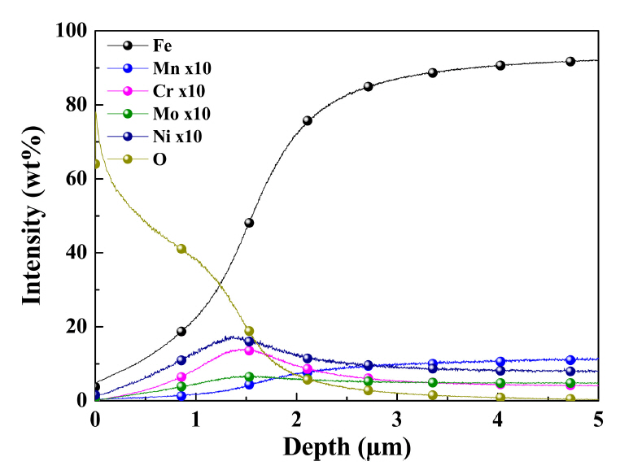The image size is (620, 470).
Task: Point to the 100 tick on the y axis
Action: [71, 31]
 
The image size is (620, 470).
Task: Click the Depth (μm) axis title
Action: [346, 447]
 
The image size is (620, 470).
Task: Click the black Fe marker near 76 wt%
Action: [308, 120]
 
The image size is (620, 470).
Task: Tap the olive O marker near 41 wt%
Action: [181, 249]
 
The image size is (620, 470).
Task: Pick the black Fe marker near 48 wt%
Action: [249, 223]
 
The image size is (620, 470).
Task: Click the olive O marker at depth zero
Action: [96, 163]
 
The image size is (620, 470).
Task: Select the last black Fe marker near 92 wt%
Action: [570, 61]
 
